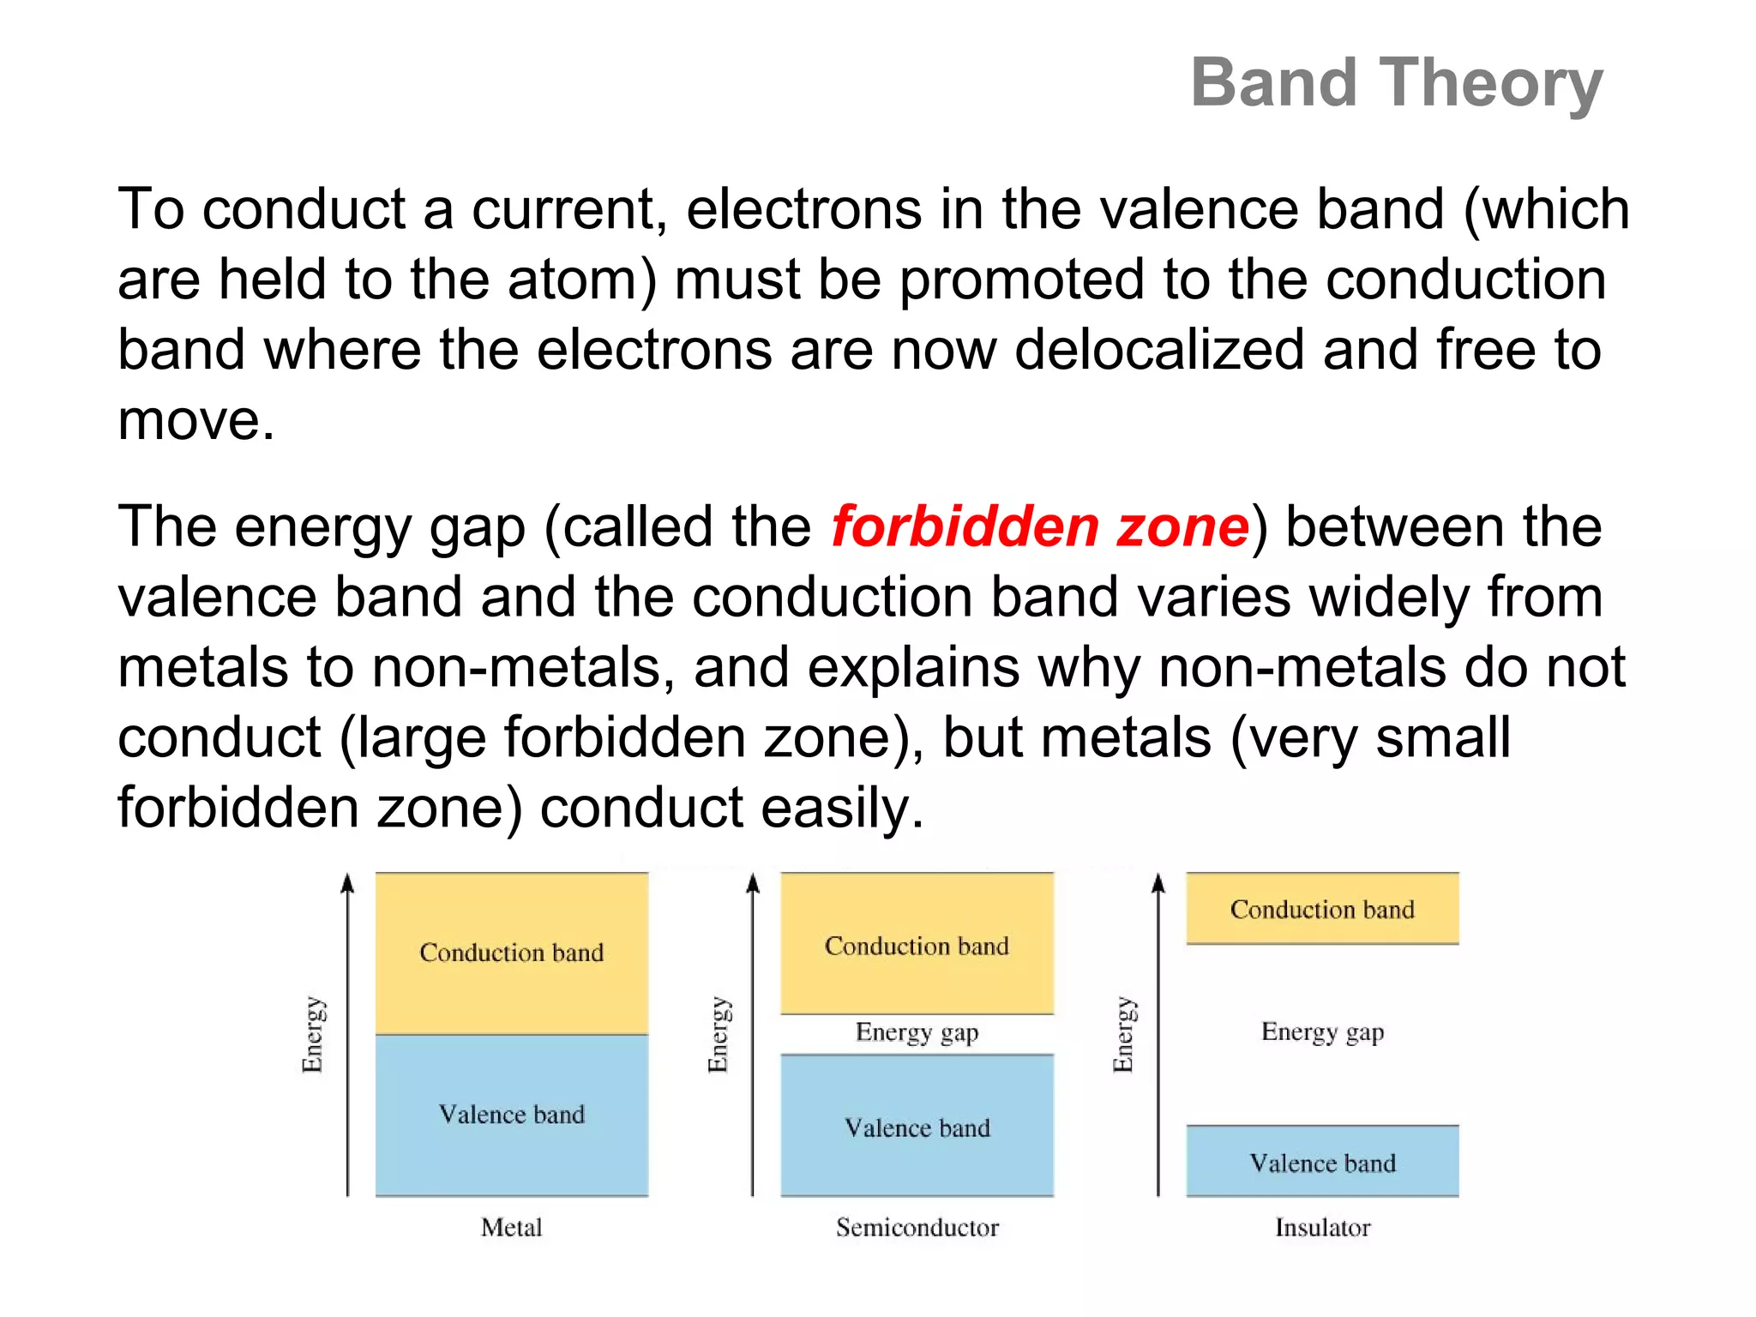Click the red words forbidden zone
tap(1039, 526)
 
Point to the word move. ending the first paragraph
tap(195, 420)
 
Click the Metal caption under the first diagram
tap(511, 1227)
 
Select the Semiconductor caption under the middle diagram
tap(917, 1227)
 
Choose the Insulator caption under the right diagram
tap(1322, 1227)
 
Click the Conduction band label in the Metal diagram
tap(511, 953)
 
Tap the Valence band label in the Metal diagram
tap(511, 1115)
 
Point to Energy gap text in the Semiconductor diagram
tap(917, 1032)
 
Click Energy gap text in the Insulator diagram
tap(1322, 1031)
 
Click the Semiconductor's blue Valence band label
tap(917, 1128)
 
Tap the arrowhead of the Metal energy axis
tap(347, 883)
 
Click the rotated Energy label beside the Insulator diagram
tap(1122, 1034)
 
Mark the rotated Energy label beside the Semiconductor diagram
tap(718, 1034)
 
